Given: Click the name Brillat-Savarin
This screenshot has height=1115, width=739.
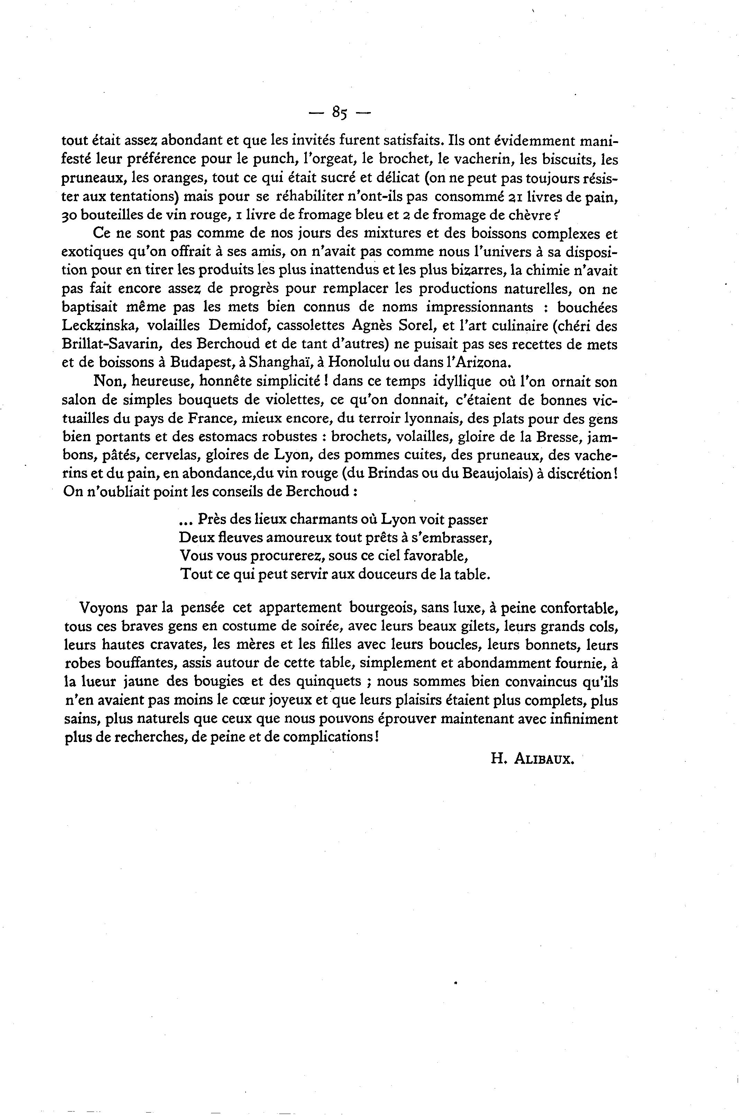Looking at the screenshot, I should coord(112,344).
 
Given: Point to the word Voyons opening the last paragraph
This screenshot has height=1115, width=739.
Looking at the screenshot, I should coord(104,608).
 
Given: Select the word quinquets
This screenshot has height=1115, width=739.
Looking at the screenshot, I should coord(327,682).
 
